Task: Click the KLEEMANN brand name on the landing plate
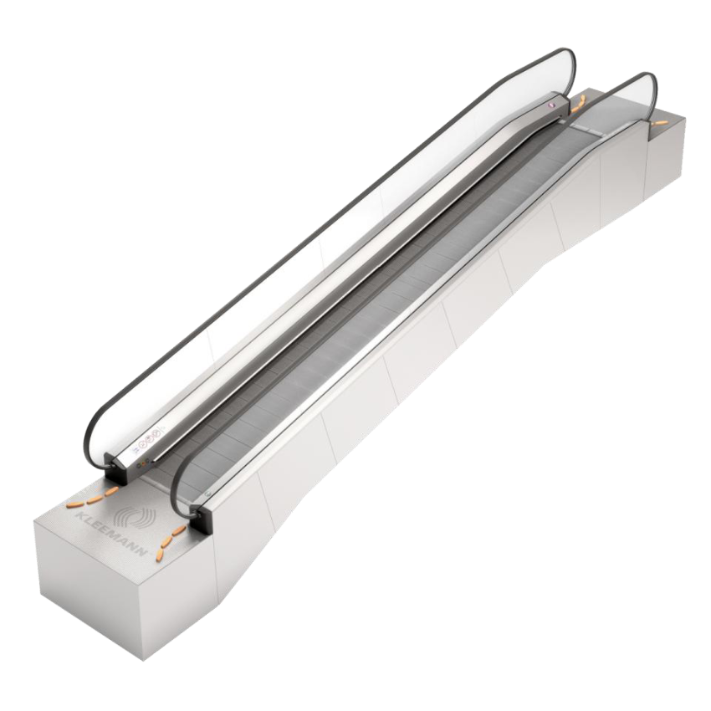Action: [110, 535]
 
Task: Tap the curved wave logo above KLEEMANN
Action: [133, 518]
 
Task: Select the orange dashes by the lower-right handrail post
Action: [170, 540]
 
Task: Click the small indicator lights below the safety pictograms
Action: [144, 463]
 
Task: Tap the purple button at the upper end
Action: [552, 105]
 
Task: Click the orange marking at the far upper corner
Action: [659, 123]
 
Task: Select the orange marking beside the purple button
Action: [578, 105]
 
